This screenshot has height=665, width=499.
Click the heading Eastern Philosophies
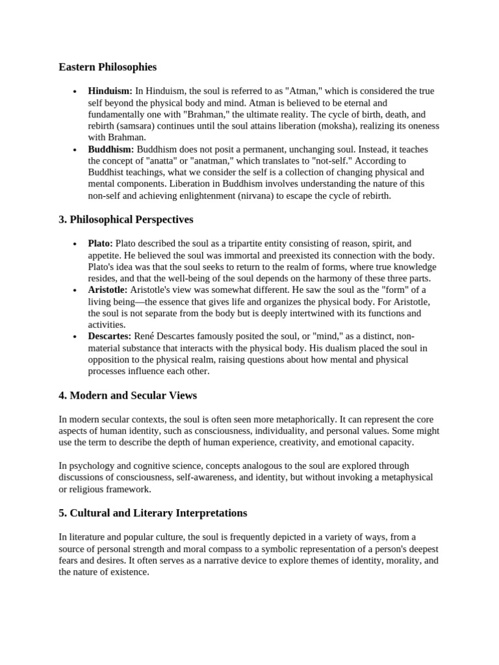tap(107, 67)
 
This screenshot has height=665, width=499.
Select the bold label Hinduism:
tap(110, 91)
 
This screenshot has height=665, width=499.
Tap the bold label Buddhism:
tap(111, 149)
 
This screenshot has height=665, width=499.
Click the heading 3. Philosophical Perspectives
tap(126, 220)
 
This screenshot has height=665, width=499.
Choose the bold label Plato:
tap(101, 244)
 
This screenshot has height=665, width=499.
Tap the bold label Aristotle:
tap(108, 290)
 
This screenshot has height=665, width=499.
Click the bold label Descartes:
tap(110, 336)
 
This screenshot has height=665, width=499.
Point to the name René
tap(144, 336)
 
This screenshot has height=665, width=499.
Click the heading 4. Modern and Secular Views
tap(128, 395)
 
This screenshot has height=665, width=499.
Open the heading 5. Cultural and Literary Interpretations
tap(153, 513)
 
